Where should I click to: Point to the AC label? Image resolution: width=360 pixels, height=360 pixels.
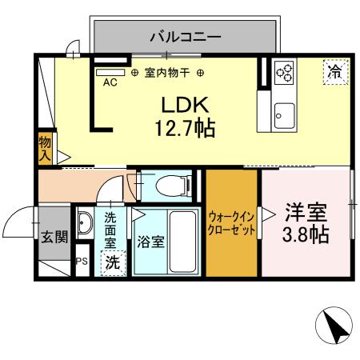(110, 82)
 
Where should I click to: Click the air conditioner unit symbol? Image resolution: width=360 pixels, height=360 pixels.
(105, 72)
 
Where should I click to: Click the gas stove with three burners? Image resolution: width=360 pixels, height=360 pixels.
(284, 74)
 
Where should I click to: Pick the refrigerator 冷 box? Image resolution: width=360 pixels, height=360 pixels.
(334, 71)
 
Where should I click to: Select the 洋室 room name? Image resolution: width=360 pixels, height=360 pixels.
(306, 214)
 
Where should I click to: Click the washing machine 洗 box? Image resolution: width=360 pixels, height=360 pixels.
(111, 261)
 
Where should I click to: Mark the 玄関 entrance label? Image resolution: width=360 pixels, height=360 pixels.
(54, 238)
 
